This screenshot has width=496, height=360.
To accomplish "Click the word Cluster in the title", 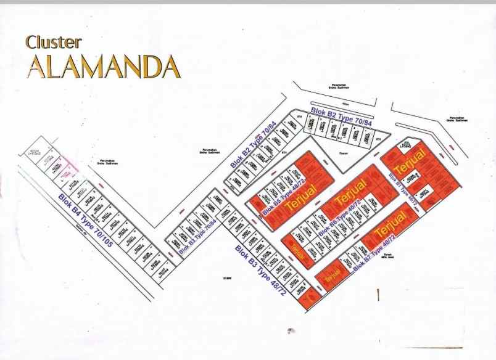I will [53, 42].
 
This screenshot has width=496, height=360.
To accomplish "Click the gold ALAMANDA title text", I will [103, 66].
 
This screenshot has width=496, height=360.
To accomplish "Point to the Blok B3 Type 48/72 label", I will [258, 270].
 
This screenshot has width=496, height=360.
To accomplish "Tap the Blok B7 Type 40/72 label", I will [384, 252].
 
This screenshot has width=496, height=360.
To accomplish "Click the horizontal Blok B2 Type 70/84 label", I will [342, 116].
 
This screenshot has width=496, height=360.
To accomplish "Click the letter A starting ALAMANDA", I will [35, 67].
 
